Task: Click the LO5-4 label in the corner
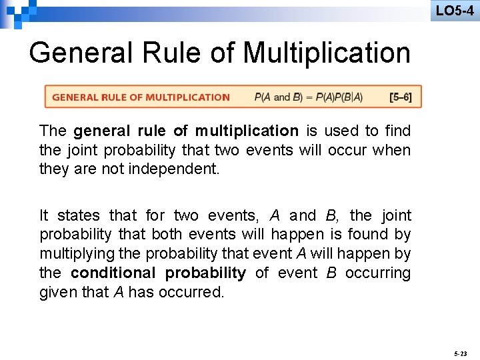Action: [455, 11]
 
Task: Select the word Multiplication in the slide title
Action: [327, 53]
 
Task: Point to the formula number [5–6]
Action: [401, 97]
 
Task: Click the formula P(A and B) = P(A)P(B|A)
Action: [309, 97]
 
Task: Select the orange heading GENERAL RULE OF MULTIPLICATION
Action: [141, 97]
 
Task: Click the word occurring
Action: [378, 273]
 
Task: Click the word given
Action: [57, 292]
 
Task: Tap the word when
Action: [392, 150]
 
